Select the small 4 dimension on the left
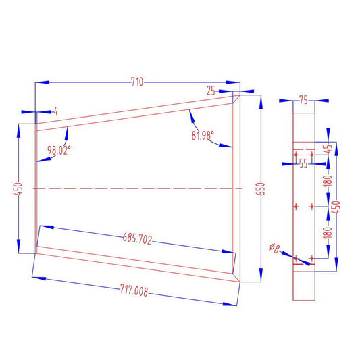(x=55, y=110)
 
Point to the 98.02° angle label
(x=59, y=151)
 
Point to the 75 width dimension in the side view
(x=303, y=101)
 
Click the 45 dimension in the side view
(x=330, y=148)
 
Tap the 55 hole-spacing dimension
(x=303, y=163)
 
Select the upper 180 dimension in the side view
(x=330, y=180)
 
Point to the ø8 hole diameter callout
(x=274, y=248)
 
